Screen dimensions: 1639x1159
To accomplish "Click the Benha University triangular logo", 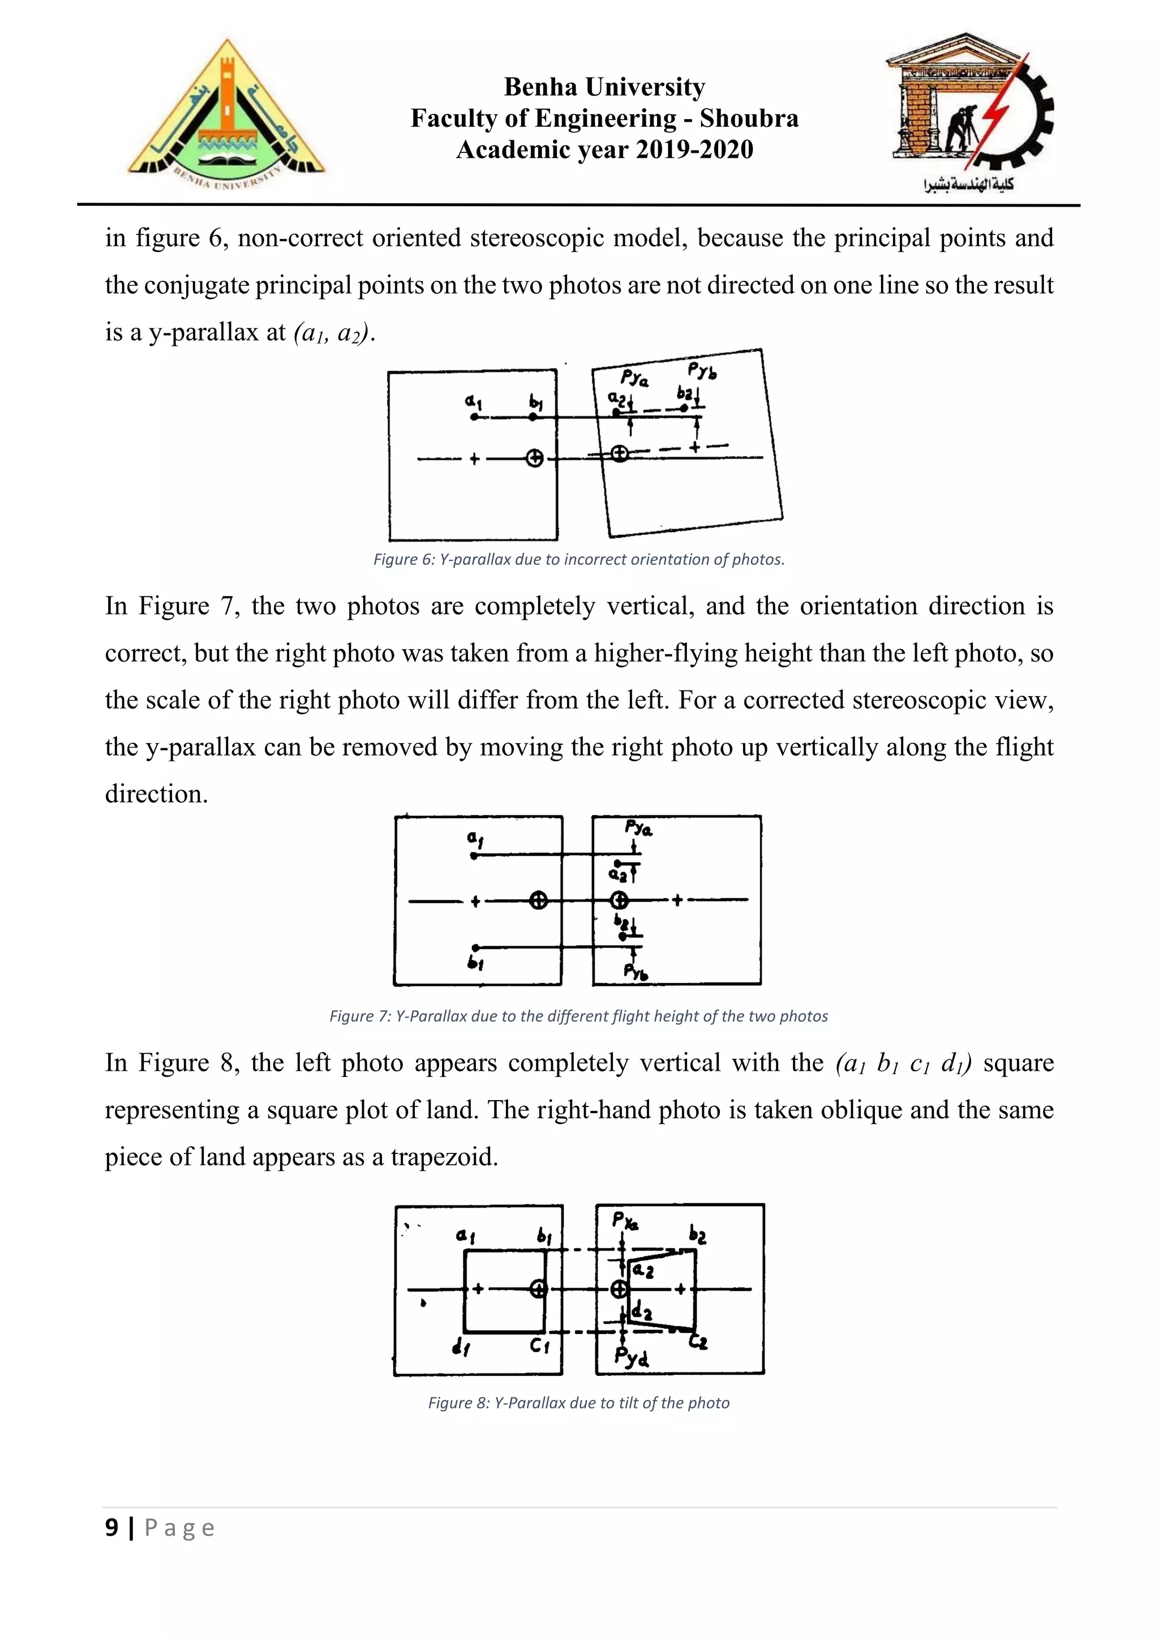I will pyautogui.click(x=226, y=114).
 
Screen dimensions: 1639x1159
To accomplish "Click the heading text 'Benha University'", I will pyautogui.click(x=604, y=87).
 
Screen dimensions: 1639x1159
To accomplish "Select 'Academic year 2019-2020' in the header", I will pyautogui.click(x=604, y=150).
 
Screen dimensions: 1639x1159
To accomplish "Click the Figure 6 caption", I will pyautogui.click(x=579, y=560).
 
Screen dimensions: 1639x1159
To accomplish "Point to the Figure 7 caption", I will pyautogui.click(x=579, y=1016).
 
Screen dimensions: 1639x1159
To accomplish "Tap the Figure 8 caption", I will pyautogui.click(x=579, y=1404).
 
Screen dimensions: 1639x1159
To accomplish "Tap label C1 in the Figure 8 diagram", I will pyautogui.click(x=539, y=1346).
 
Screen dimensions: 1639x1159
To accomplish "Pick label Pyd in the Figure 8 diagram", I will pyautogui.click(x=631, y=1357).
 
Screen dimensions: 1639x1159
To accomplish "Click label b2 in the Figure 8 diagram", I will pyautogui.click(x=697, y=1234).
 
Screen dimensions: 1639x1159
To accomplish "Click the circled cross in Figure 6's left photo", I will pyautogui.click(x=535, y=459).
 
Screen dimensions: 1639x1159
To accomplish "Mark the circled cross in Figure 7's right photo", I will pyautogui.click(x=620, y=900).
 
